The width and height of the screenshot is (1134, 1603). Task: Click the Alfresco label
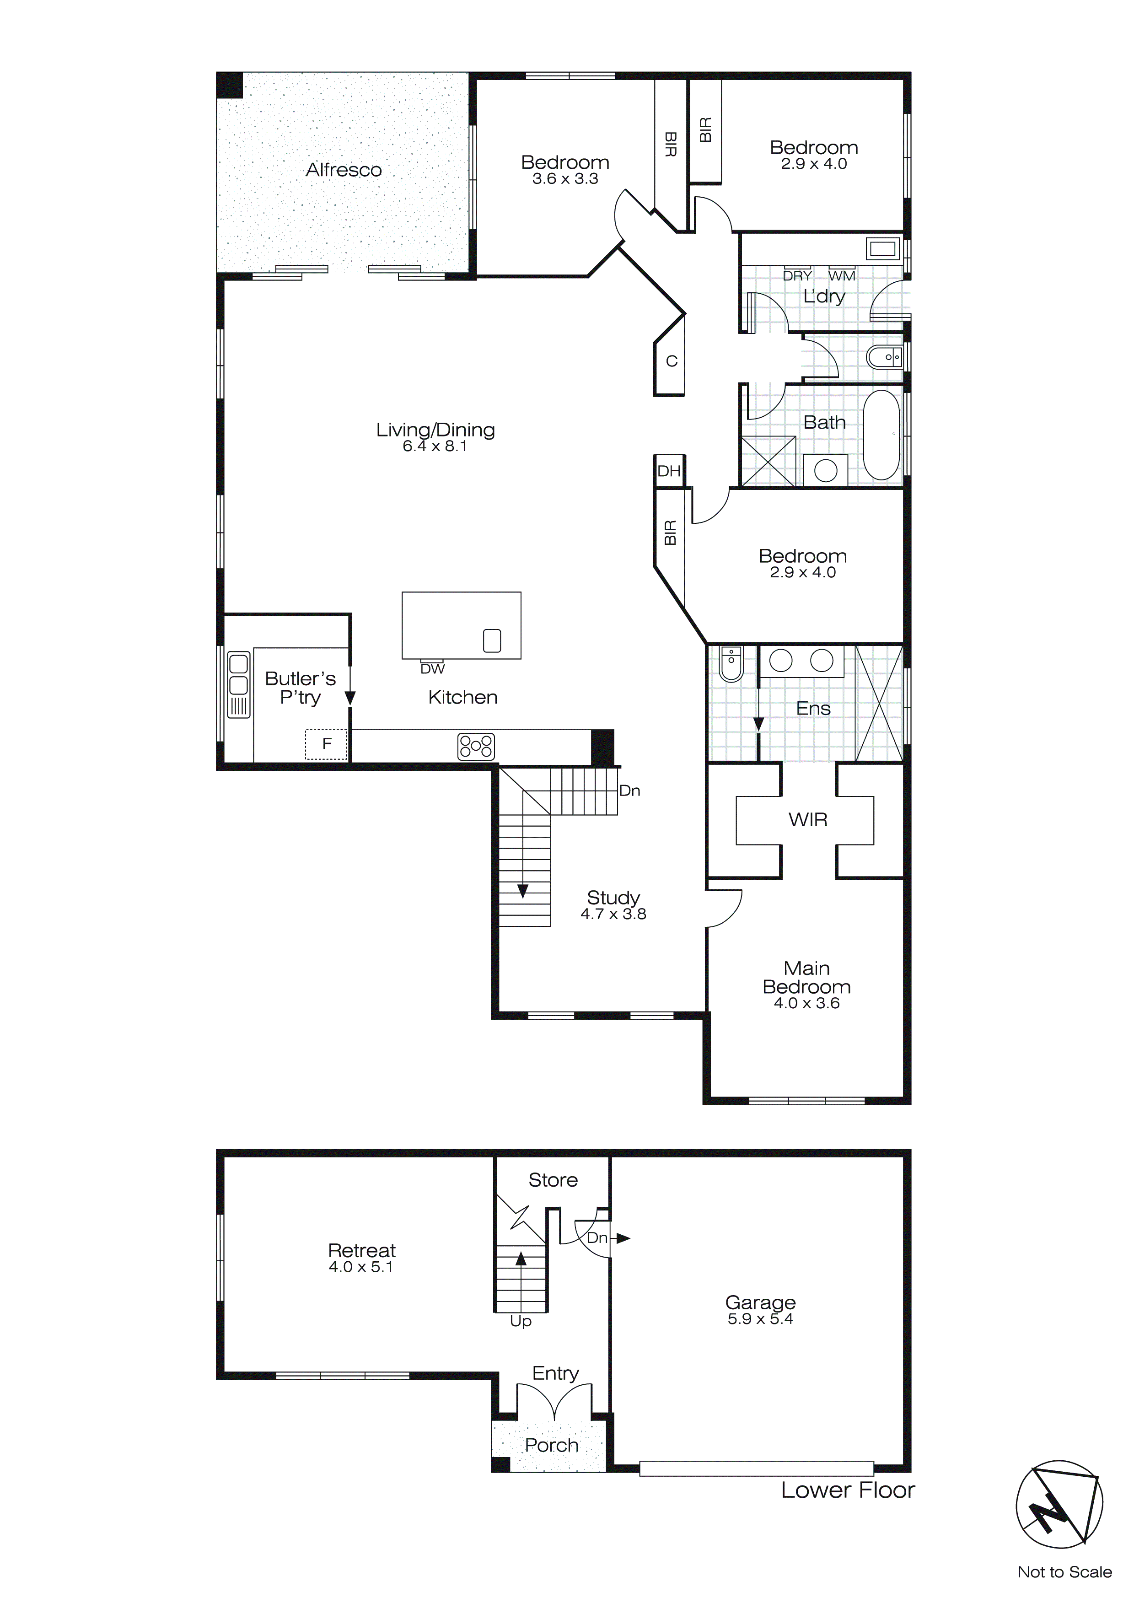point(344,170)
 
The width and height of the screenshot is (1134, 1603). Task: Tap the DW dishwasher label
point(432,669)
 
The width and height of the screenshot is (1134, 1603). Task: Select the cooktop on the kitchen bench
point(476,746)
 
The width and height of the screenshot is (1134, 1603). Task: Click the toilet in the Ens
point(731,665)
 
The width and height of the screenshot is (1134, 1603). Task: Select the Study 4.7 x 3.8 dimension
point(613,914)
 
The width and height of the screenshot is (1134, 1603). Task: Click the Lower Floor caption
point(847,1490)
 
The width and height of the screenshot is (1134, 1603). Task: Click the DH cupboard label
point(669,471)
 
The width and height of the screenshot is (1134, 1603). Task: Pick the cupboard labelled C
point(672,361)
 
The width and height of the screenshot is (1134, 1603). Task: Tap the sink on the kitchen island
point(492,640)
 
